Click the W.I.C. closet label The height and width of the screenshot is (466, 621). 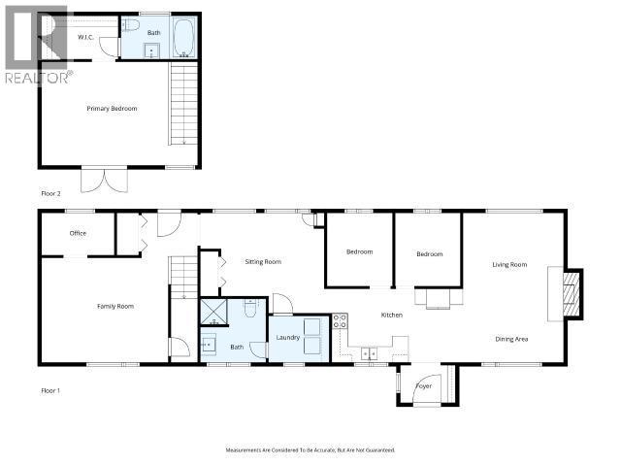85,37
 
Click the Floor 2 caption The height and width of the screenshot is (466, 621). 51,193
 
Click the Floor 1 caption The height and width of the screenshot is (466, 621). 51,390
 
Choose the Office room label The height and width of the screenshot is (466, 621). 78,233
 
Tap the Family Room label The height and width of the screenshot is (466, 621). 114,306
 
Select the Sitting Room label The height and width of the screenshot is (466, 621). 263,261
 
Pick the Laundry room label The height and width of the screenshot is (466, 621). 288,337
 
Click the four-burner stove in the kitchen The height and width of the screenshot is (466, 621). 340,321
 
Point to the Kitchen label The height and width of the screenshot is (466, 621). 392,315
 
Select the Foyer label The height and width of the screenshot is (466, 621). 423,385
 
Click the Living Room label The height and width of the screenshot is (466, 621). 509,264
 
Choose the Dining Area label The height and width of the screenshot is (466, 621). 511,338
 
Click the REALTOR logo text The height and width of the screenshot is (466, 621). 36,76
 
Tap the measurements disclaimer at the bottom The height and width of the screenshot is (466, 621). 310,449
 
